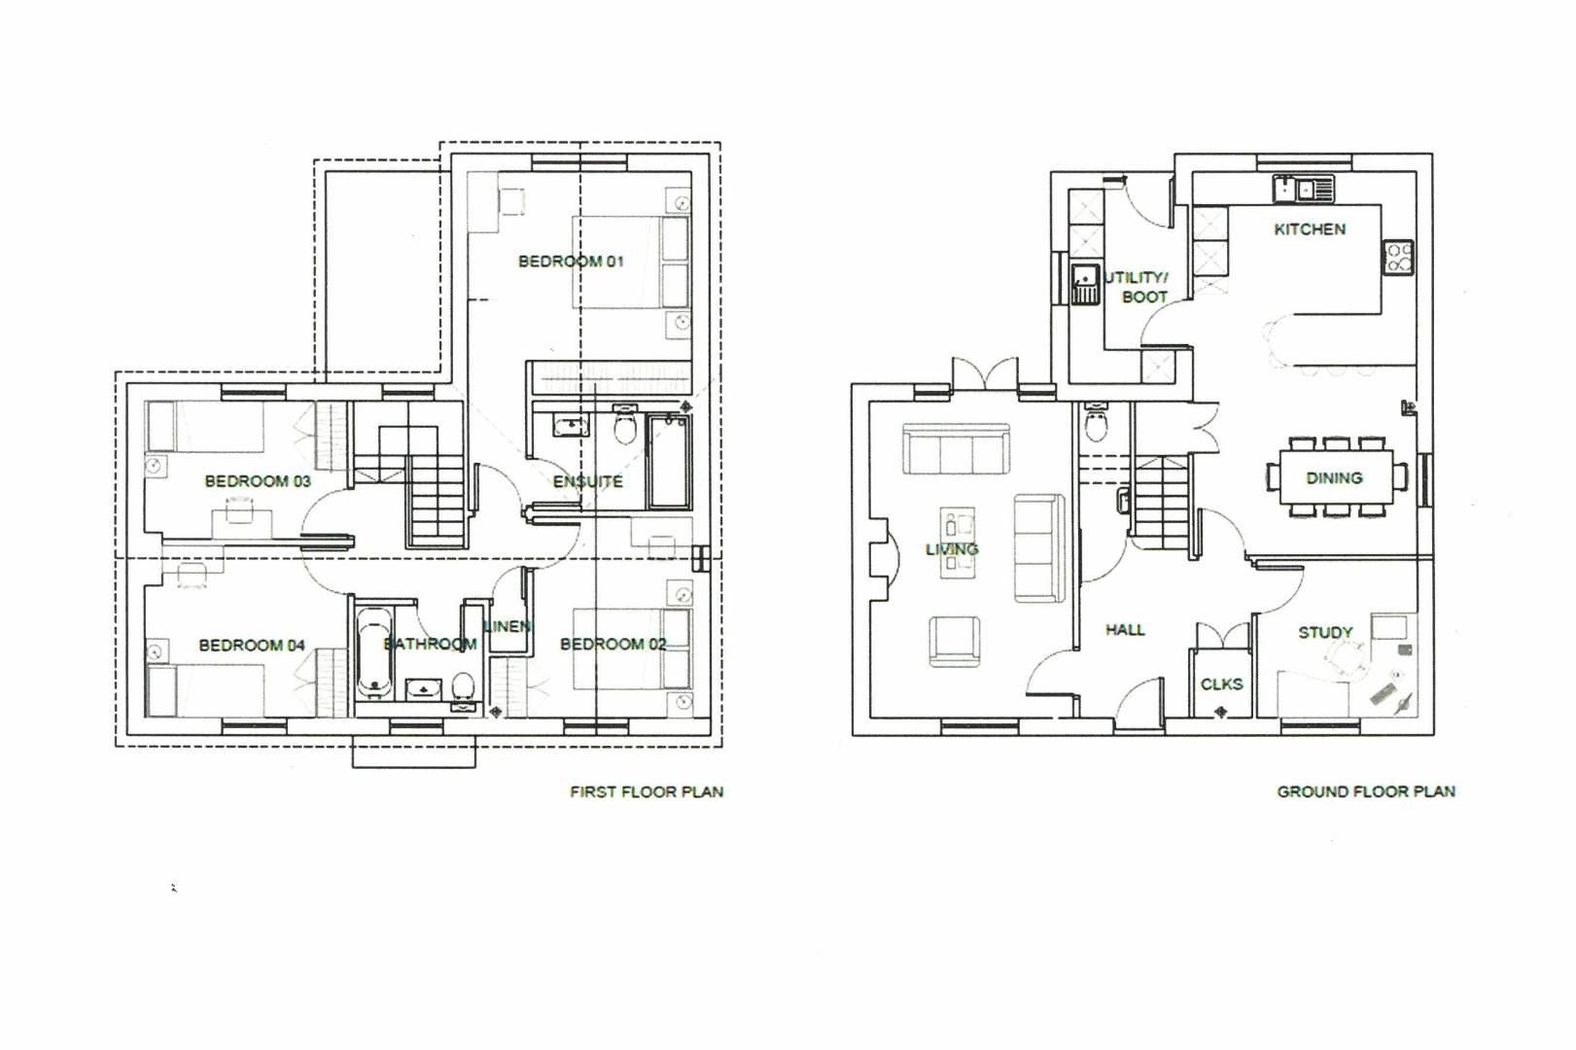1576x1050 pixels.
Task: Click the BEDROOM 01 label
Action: (x=571, y=262)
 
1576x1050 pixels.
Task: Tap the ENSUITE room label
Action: (x=587, y=482)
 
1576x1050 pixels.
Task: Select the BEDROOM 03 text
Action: (x=258, y=481)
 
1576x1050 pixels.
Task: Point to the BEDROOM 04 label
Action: (x=252, y=646)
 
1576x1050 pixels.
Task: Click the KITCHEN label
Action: (x=1310, y=229)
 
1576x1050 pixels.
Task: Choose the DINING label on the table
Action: (x=1334, y=478)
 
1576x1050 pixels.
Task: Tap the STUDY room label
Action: (x=1325, y=633)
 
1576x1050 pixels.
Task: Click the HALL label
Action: (x=1125, y=630)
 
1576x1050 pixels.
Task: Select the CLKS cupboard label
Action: (x=1221, y=684)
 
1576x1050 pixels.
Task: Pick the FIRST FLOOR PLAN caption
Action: (x=647, y=792)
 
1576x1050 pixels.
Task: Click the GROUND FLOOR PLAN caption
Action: (x=1366, y=791)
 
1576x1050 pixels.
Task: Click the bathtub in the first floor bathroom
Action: (x=374, y=653)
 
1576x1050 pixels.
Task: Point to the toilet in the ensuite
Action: (x=625, y=424)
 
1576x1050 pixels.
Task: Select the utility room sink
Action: (x=1085, y=284)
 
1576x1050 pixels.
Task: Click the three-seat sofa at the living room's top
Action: (x=956, y=449)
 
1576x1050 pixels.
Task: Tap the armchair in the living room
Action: (x=954, y=641)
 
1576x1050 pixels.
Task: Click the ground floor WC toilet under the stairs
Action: (x=1096, y=422)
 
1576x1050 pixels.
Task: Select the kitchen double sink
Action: (x=1303, y=189)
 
